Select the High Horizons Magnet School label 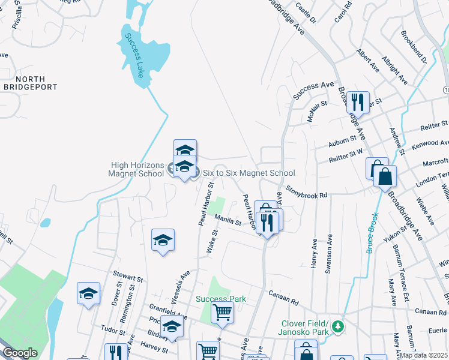[x=137, y=169]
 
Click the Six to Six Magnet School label [x=249, y=173]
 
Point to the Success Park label [x=221, y=299]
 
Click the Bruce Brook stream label [x=372, y=232]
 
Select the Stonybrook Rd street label [x=306, y=193]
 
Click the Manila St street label [x=228, y=222]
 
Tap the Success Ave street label [x=313, y=91]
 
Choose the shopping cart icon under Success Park [x=222, y=313]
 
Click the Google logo [x=20, y=353]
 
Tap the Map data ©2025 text [x=424, y=355]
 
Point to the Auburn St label [x=343, y=144]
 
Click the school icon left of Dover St [x=88, y=294]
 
